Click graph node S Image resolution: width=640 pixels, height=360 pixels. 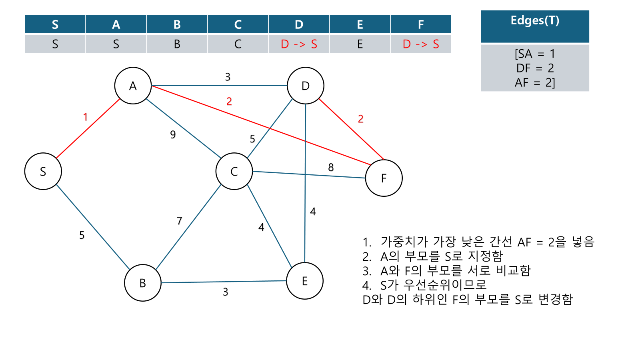(x=43, y=171)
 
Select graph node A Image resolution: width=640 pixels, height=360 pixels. (x=133, y=86)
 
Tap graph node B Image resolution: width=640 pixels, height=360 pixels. (x=143, y=283)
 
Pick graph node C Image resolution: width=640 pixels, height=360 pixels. (x=234, y=171)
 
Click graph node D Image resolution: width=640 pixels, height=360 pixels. (x=306, y=86)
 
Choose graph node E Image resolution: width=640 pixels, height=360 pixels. (x=305, y=281)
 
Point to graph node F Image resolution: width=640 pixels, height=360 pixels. (x=384, y=178)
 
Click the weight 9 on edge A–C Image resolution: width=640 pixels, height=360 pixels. (x=173, y=134)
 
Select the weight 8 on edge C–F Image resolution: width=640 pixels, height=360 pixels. (x=331, y=167)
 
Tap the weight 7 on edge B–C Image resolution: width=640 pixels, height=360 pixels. (x=179, y=221)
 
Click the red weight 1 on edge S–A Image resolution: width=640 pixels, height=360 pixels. (x=85, y=117)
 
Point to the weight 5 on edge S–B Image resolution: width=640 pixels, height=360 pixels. (x=82, y=235)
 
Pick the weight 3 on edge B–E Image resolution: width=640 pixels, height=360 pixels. (x=226, y=292)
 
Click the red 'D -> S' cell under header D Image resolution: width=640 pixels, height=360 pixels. (x=299, y=44)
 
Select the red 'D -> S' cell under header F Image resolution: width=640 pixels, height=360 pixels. (x=421, y=44)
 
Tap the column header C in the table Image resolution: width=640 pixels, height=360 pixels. (x=238, y=24)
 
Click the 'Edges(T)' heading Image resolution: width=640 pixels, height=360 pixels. (x=535, y=21)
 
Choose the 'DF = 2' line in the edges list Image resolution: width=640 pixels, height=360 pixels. (x=535, y=68)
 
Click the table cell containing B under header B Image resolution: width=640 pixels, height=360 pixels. (x=177, y=44)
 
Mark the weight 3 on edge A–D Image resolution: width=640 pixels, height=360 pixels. (x=228, y=77)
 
